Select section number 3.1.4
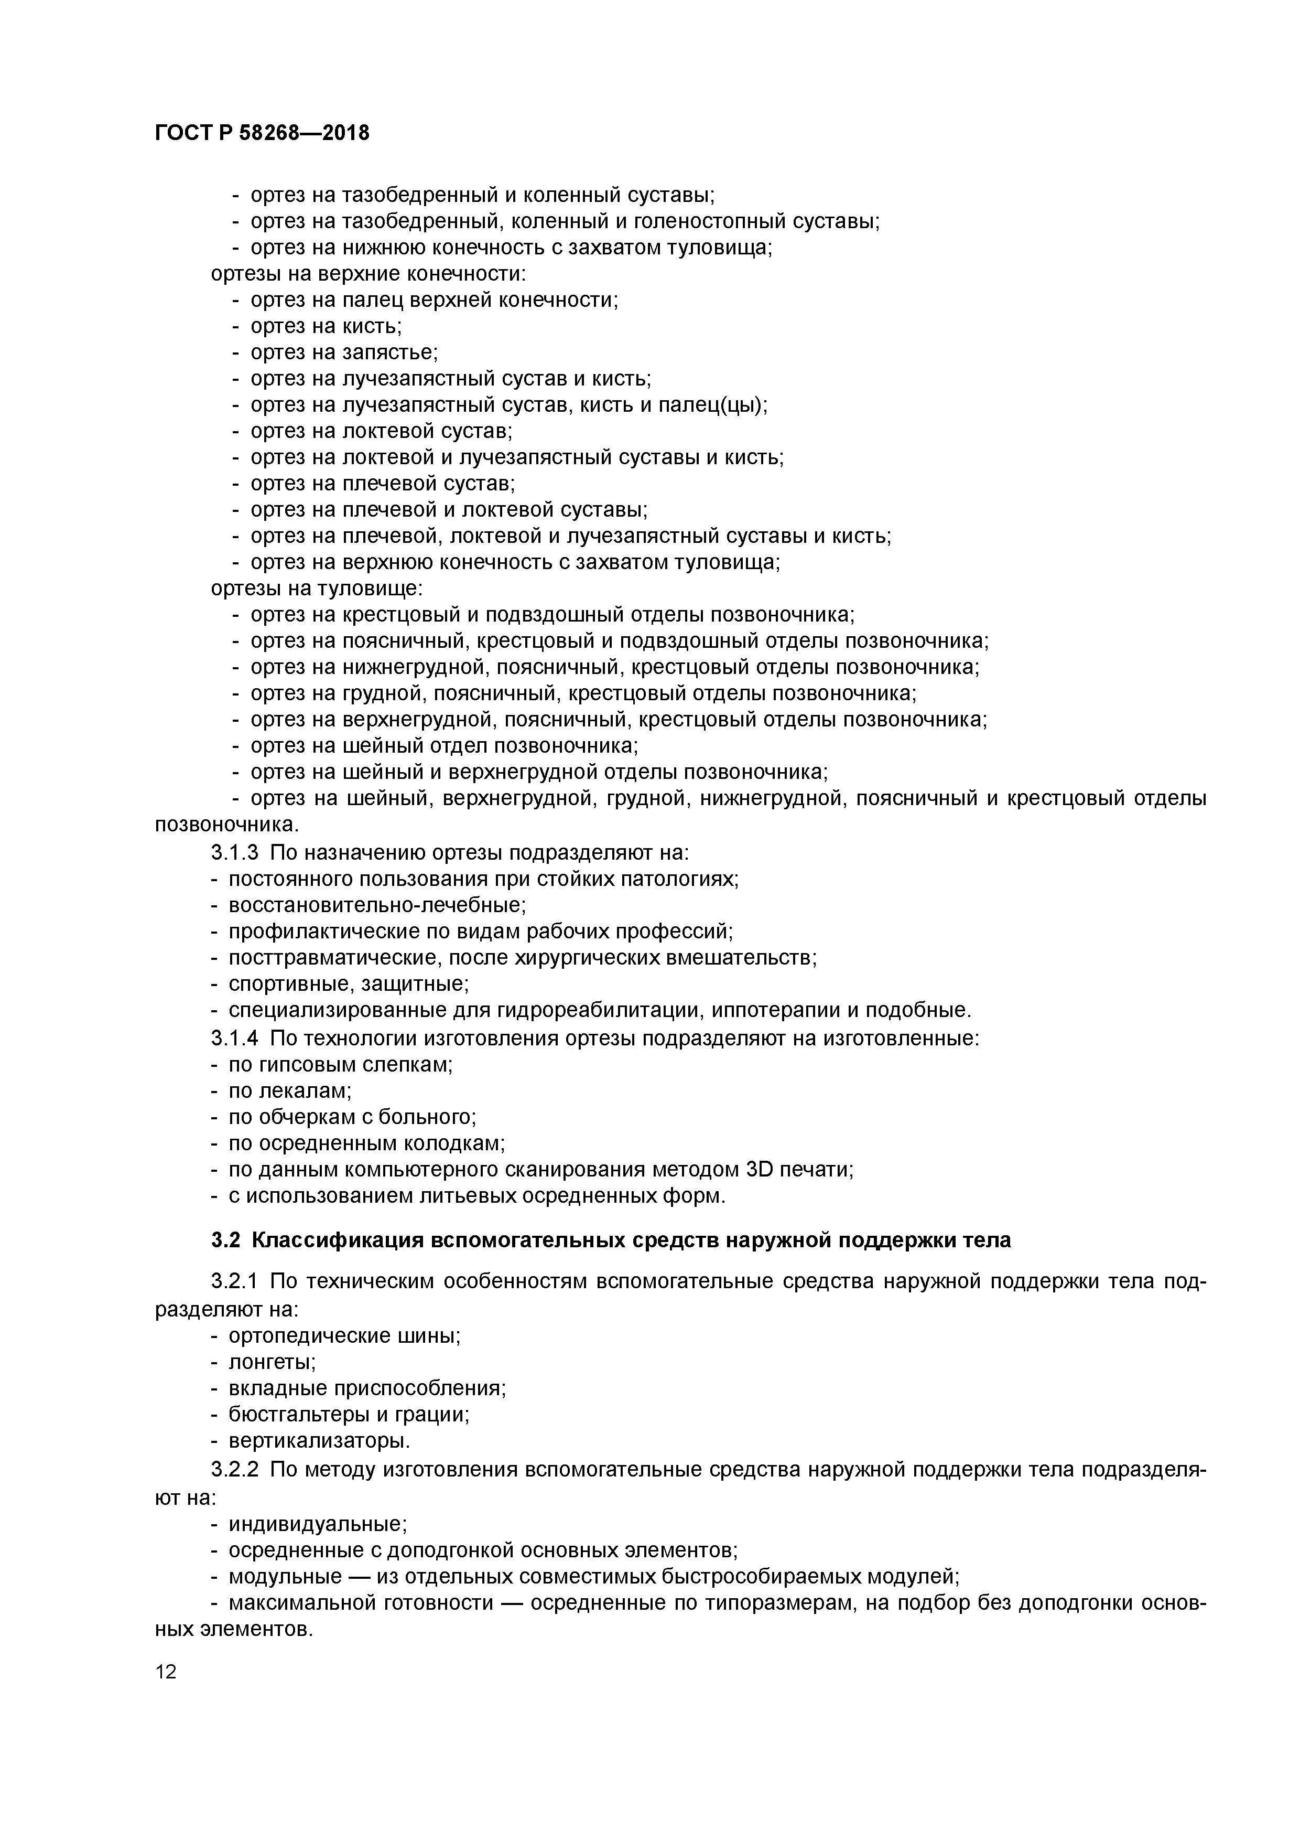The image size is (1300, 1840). click(x=235, y=1039)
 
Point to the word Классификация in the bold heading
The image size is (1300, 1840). click(x=335, y=1240)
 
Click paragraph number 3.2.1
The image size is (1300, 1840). click(x=235, y=1282)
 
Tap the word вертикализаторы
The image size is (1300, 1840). click(x=318, y=1440)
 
